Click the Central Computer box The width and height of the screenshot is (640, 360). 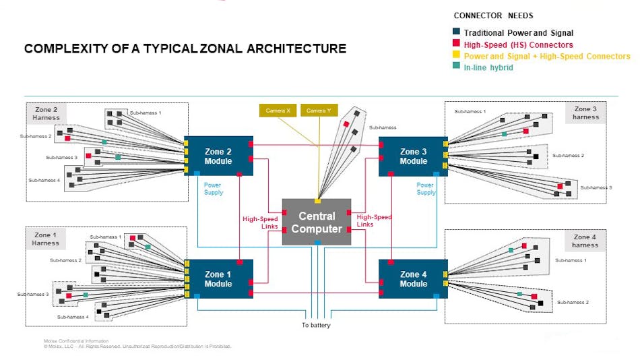317,222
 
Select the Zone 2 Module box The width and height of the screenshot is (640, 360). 218,156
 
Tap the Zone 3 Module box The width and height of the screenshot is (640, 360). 413,156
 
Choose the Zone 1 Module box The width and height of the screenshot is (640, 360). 218,279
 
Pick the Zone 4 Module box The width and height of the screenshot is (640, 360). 413,279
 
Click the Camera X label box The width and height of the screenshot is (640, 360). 278,111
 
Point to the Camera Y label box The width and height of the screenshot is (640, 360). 319,111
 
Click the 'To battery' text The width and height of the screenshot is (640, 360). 316,326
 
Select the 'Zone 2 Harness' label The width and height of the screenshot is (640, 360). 46,113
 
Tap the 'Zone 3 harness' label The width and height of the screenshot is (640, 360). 585,113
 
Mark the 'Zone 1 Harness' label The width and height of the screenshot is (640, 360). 46,239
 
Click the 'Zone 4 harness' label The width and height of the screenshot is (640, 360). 585,241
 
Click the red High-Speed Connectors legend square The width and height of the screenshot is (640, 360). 456,44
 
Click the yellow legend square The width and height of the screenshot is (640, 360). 456,56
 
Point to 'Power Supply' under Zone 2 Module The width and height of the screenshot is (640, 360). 213,189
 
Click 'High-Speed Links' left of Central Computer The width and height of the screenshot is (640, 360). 260,222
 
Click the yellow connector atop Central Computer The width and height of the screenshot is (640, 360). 317,201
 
